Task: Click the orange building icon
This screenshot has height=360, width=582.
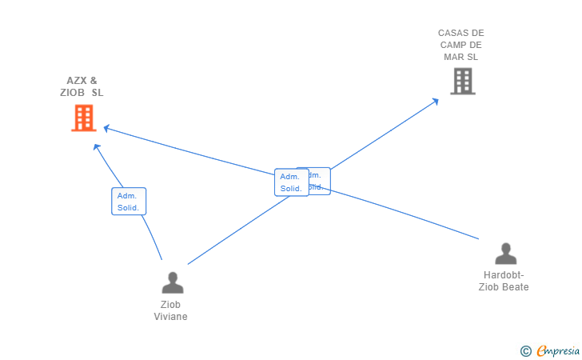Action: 83,118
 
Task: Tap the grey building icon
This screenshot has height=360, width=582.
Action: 462,81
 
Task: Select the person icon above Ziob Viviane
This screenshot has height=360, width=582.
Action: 173,282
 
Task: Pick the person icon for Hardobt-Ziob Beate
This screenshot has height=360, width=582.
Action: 505,254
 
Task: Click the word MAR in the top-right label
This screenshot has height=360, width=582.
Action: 453,57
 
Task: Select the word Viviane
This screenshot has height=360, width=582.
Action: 170,317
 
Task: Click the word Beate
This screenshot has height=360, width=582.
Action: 515,287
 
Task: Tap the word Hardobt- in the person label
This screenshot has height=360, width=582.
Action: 504,275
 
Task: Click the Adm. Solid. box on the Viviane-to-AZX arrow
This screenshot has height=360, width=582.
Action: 128,202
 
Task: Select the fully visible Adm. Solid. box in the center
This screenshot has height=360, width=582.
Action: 291,182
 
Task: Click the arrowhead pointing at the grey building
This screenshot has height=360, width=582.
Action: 436,100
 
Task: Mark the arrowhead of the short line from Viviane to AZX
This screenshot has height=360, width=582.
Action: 96,146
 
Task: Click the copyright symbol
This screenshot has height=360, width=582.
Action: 525,350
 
